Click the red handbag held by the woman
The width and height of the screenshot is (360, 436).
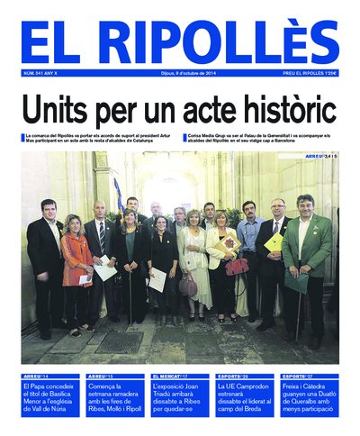click(x=237, y=266)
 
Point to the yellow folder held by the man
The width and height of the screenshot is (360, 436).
click(x=274, y=242)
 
